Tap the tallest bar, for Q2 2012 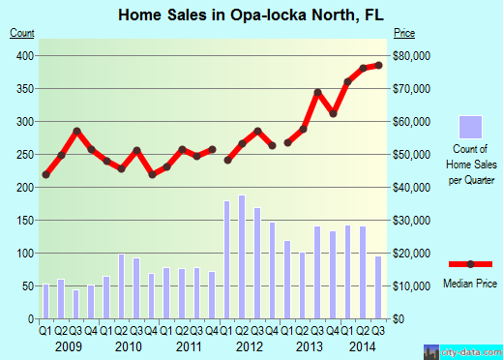[x=242, y=256]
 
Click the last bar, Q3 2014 [x=378, y=286]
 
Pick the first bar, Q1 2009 [x=45, y=301]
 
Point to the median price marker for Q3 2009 [x=75, y=132]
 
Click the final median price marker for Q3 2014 [x=378, y=65]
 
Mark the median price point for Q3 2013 [x=317, y=93]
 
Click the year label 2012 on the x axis [x=250, y=345]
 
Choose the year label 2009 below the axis [x=68, y=345]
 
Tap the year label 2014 [x=363, y=345]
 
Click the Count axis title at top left [x=23, y=33]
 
